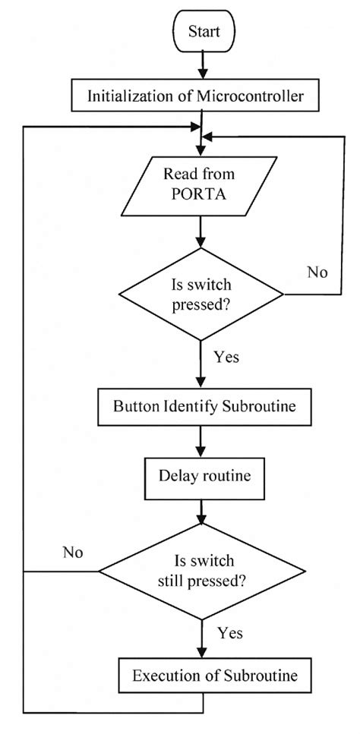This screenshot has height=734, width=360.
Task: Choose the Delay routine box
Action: point(200,476)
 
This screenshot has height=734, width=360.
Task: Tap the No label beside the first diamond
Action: point(318,271)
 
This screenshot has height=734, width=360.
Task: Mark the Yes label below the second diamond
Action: point(229,632)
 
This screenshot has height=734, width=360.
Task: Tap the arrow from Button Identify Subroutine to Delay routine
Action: point(200,441)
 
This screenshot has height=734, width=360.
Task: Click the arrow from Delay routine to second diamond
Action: point(200,510)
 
